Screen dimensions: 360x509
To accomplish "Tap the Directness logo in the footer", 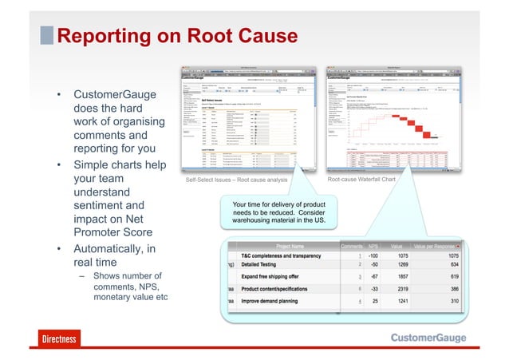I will click(59, 338).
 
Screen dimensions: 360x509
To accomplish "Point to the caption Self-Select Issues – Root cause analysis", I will click(236, 180).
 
